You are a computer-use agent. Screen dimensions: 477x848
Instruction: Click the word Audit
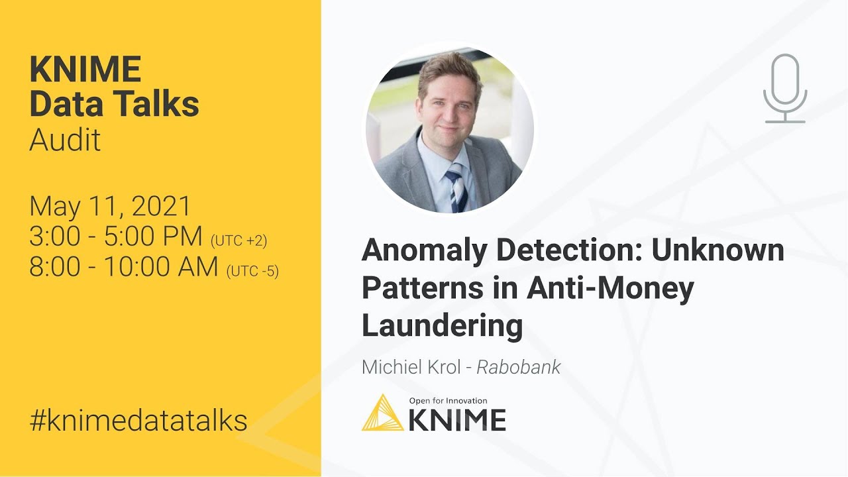coord(65,140)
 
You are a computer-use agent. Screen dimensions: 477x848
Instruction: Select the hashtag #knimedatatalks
coord(138,420)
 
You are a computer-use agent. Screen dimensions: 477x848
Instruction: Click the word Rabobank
coord(519,367)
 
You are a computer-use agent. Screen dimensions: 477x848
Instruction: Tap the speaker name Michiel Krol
coord(411,367)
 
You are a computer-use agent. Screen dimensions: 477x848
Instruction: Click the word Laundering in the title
coord(442,325)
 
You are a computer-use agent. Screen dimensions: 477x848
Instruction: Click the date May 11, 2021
coord(110,207)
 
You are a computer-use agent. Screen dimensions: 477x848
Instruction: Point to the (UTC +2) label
coord(238,241)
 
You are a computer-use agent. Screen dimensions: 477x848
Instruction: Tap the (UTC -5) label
coord(252,271)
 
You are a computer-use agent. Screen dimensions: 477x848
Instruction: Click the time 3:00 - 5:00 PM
coord(116,237)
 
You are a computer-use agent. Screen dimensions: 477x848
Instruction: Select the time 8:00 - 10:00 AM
coord(124,266)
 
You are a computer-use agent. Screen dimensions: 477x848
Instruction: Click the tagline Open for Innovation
coord(448,401)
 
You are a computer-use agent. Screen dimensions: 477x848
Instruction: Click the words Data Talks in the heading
coord(114,104)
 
